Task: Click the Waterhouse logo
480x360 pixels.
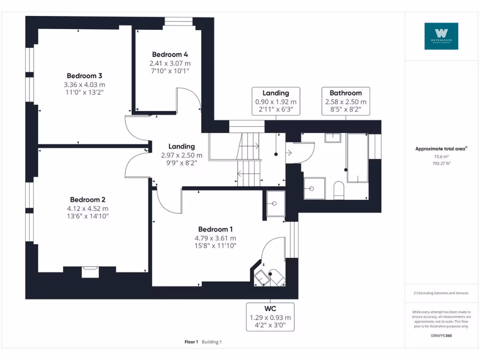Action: (441, 36)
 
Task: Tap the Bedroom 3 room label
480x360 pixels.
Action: (84, 75)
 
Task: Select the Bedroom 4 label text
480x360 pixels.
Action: (170, 54)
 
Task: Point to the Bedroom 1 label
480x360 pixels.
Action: (215, 229)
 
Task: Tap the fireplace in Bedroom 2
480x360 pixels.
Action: (90, 271)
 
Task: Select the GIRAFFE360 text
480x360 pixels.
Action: (441, 336)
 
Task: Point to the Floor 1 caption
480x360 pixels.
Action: (191, 342)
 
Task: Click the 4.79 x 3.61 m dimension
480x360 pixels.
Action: (215, 238)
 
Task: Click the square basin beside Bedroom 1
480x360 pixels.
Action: (275, 203)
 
